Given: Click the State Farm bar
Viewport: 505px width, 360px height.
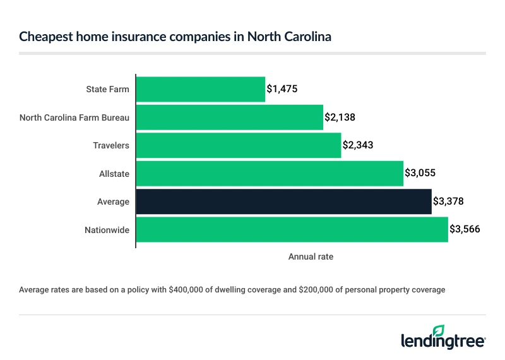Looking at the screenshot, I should [200, 89].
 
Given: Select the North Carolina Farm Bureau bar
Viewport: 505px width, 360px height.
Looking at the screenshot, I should [229, 117].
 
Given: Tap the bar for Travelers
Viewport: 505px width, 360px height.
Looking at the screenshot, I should [238, 145].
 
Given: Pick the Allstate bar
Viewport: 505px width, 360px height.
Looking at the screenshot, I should [270, 173].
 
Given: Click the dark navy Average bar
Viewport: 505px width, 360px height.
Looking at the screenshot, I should [283, 201].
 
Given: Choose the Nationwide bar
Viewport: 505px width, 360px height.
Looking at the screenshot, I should [292, 230].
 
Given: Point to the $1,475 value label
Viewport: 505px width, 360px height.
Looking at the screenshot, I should [282, 89].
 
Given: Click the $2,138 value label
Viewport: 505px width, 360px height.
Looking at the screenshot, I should [340, 117].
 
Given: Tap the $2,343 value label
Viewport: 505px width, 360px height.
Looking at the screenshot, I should [358, 145].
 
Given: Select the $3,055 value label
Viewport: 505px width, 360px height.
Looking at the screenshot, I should [420, 173].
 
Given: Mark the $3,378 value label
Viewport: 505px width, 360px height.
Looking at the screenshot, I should [449, 201].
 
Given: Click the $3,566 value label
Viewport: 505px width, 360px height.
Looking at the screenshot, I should [465, 230].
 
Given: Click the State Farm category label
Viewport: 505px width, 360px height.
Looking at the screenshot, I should [107, 89].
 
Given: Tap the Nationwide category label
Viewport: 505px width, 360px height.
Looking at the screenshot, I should [107, 230].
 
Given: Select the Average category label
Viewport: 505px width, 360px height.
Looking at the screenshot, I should [114, 201].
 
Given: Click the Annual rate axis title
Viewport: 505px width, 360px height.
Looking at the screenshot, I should [311, 257].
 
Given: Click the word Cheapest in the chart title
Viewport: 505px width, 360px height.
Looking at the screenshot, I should [44, 37].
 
